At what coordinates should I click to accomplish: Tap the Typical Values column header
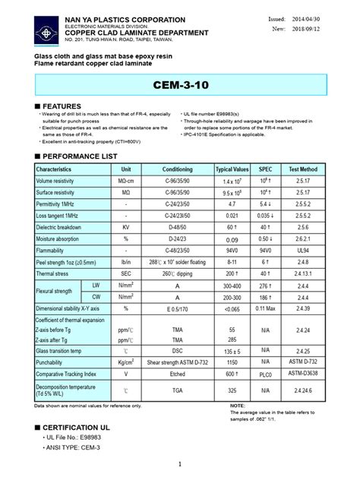(x=232, y=168)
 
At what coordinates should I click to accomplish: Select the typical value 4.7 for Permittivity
(x=232, y=204)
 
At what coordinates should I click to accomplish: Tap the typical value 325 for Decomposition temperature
(x=232, y=390)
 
